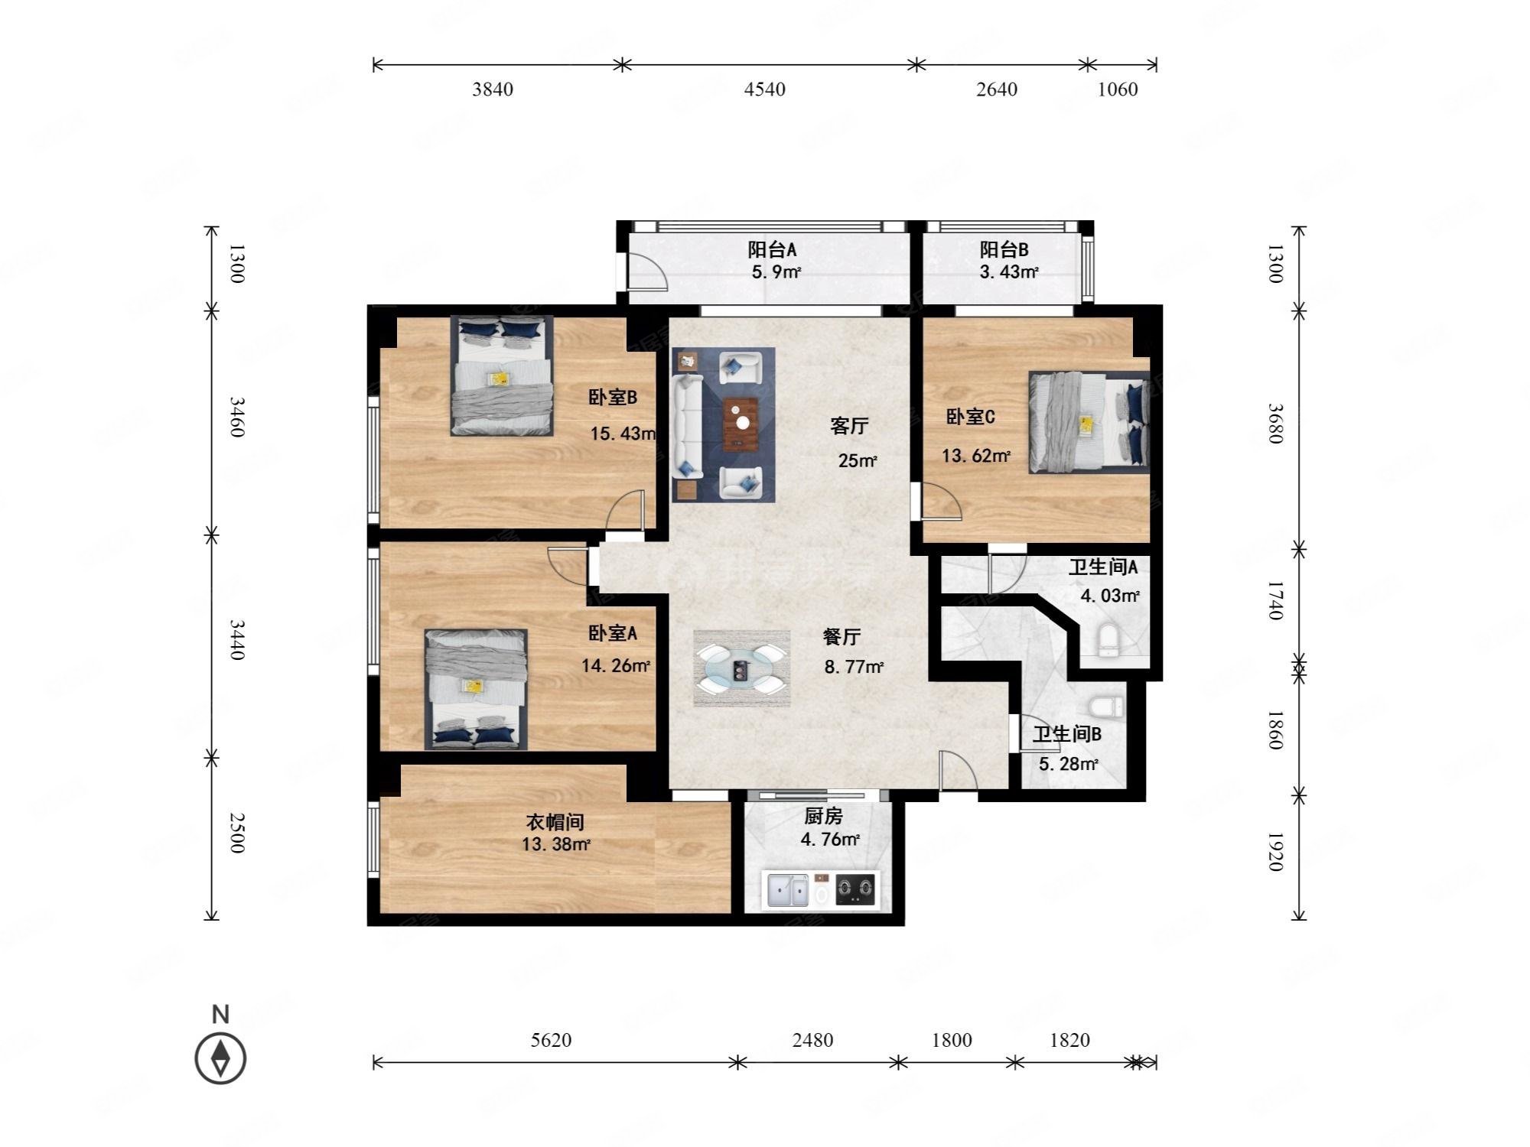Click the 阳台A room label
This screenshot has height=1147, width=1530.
(x=773, y=249)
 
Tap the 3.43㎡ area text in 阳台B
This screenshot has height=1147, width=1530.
(x=1008, y=271)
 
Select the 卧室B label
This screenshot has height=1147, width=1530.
(x=613, y=397)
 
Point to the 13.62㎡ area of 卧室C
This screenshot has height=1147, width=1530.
(x=976, y=456)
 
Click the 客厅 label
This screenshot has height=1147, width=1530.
(x=849, y=426)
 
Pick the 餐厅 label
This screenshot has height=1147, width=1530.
(x=841, y=637)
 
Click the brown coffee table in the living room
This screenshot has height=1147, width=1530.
(x=741, y=424)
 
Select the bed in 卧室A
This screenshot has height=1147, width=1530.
(x=476, y=689)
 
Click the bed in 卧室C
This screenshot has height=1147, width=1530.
(x=1089, y=422)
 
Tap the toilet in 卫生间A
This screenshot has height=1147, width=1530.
(x=1107, y=641)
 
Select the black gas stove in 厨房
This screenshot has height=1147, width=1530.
(x=856, y=889)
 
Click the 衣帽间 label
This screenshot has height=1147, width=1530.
(x=555, y=822)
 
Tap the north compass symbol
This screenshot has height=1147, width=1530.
(x=220, y=1058)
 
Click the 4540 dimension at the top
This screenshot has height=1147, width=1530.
(x=765, y=89)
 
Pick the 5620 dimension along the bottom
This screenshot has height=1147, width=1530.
(x=552, y=1040)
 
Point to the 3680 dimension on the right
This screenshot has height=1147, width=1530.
(x=1274, y=424)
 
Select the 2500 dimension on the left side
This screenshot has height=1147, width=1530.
(x=237, y=833)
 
